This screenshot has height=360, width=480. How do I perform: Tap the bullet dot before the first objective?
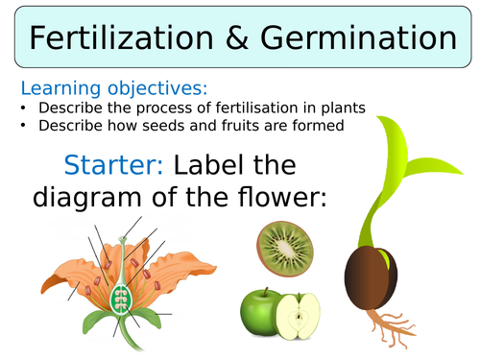(24, 107)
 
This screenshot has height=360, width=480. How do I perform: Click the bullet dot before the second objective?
(24, 125)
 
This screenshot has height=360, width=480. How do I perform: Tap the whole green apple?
(258, 306)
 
